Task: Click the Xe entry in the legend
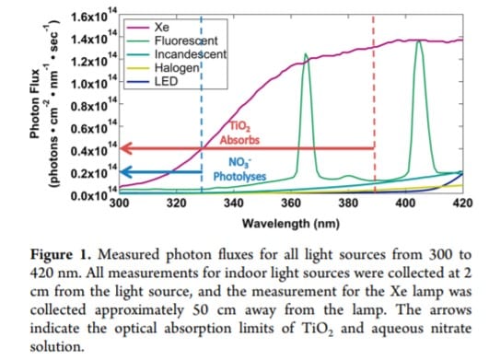pos(162,28)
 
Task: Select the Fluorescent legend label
pos(186,41)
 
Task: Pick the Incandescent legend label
pos(191,54)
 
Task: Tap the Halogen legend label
pos(177,68)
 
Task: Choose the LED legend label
pos(166,81)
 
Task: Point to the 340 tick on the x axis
pos(233,203)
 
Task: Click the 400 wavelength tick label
pos(405,203)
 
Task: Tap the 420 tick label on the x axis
pos(462,203)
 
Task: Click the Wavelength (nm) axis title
pos(291,224)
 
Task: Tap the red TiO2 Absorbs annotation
pos(239,134)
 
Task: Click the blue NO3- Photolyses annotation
pos(239,169)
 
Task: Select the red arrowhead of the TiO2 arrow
pos(126,148)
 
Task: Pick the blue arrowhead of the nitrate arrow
pos(126,172)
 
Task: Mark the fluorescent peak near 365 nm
pos(305,54)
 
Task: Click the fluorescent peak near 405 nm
pos(419,41)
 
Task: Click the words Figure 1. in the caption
pos(61,255)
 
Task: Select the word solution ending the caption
pos(57,347)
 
